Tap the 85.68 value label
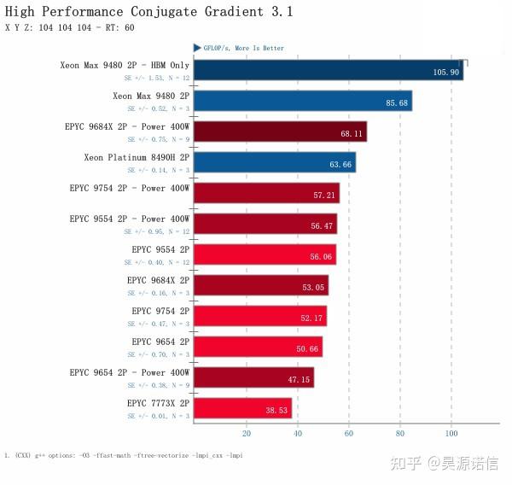(x=397, y=103)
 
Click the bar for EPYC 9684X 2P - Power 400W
(x=280, y=131)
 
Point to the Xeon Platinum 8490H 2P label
(x=137, y=157)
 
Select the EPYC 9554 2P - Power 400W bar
(x=265, y=224)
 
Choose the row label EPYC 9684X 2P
(x=158, y=280)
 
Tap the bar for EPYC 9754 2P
(x=259, y=316)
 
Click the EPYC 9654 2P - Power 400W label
(x=129, y=372)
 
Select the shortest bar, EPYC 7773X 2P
(x=242, y=408)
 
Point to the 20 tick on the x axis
(x=246, y=432)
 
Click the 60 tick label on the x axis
(x=348, y=432)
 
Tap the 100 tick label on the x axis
(x=451, y=432)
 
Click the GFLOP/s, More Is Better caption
(x=243, y=49)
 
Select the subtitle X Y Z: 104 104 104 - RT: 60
(x=70, y=28)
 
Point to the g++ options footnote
(x=124, y=455)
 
